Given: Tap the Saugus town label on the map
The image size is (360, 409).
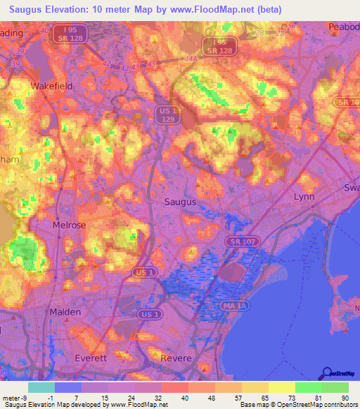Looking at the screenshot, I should (180, 202).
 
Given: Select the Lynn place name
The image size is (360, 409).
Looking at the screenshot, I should (304, 197).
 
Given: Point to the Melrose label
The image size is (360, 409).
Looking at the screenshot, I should (69, 226).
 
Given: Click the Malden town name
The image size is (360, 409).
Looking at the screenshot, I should (65, 311).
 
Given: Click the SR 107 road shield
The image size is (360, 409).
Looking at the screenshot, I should (240, 241).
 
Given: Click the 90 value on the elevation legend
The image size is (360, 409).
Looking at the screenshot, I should (345, 397).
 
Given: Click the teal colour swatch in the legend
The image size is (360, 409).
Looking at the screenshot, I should (41, 387).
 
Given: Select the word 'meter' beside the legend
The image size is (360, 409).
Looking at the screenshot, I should (12, 397).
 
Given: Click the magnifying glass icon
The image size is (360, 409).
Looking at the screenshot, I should (326, 373).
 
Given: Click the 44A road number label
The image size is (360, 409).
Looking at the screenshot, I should (190, 60).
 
